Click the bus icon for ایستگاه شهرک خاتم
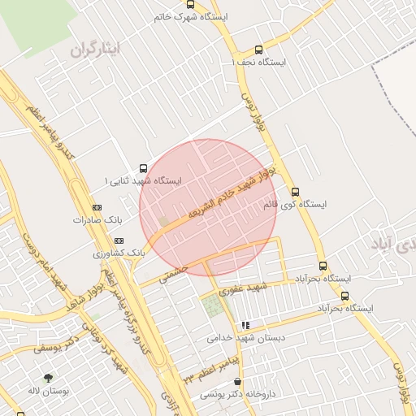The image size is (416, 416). point(190,5)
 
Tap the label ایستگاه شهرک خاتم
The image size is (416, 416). point(192,16)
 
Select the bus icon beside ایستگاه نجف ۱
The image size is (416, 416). point(259,50)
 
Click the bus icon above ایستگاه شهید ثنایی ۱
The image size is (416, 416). point(144,168)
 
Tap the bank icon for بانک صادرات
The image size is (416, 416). point(97,208)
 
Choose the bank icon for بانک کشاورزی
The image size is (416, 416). point(119,241)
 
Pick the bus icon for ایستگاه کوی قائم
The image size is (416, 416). point(295,193)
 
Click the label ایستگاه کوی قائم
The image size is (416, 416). point(294,205)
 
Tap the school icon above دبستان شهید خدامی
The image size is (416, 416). point(245,326)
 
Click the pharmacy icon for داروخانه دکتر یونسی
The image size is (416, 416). point(237,381)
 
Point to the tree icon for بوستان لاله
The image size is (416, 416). point(48,378)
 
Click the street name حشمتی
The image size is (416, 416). point(173,273)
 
